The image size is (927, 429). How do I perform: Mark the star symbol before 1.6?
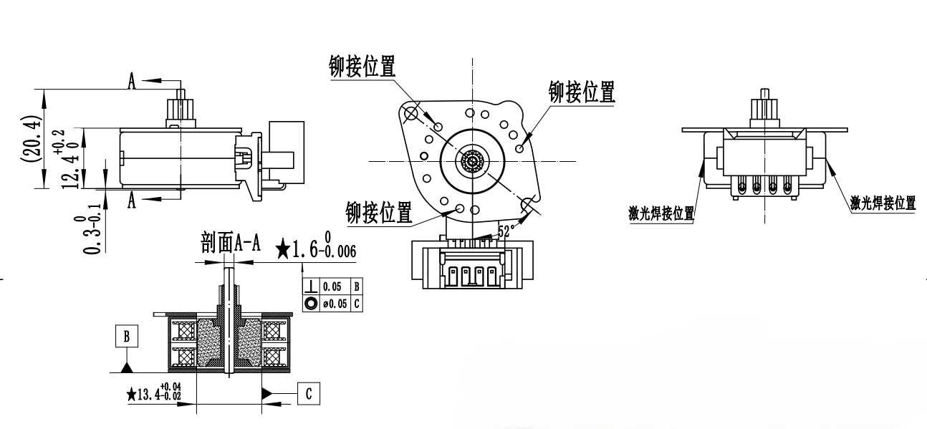tap(284, 249)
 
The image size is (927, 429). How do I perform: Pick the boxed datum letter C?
tap(308, 393)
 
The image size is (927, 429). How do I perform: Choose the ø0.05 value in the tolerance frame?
tap(335, 303)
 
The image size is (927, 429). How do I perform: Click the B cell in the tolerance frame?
tap(356, 286)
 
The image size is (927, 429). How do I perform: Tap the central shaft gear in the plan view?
tap(472, 160)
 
